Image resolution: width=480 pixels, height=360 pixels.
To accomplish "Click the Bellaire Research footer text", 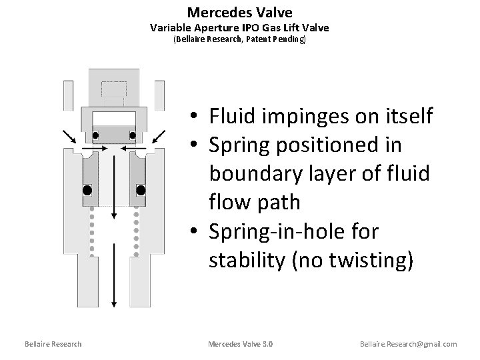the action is [53, 344].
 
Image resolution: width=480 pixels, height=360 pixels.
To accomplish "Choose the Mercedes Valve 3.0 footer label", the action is [240, 344].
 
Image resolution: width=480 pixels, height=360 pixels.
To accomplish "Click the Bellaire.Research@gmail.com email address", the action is [408, 344].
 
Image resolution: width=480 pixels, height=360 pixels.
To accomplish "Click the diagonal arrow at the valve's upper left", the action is [69, 136].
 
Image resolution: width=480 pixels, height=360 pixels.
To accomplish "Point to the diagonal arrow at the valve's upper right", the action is [159, 136].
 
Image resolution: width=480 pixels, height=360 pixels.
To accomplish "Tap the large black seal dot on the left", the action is [87, 190].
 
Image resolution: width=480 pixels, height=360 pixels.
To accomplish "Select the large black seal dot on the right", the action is [141, 190].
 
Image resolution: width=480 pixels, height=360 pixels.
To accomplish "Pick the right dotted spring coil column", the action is [136, 230].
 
